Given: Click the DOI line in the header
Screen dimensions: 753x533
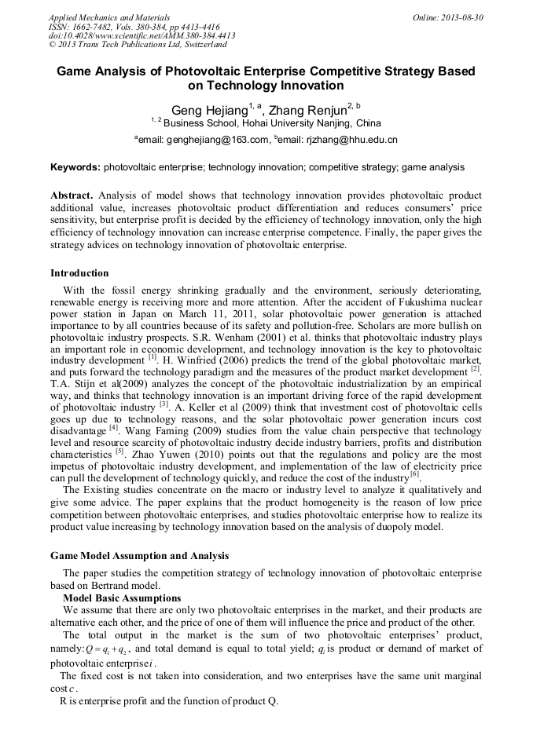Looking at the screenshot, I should point(142,35).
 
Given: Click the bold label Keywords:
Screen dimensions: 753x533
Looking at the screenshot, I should point(75,167).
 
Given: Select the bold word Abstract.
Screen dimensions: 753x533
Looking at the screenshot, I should point(72,195).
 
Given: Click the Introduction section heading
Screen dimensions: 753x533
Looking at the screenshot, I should point(79,273).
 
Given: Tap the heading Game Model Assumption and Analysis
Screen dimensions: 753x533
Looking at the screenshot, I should point(140,556).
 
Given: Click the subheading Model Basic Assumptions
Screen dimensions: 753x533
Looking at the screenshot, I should point(122,598).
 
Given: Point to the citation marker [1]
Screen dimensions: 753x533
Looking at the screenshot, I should point(153,356).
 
